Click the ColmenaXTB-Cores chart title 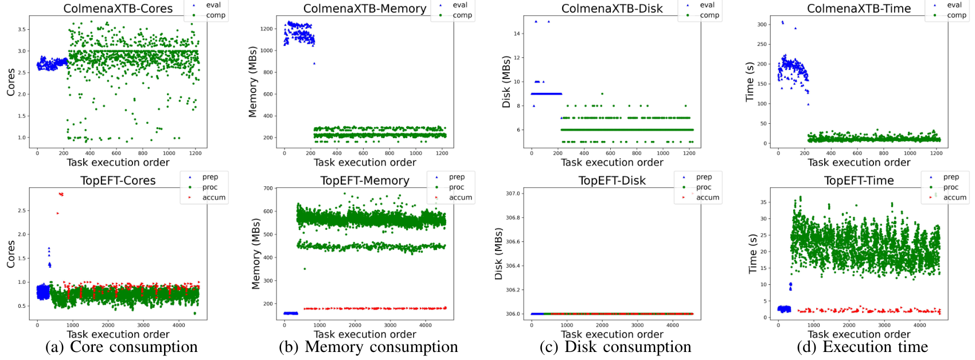click(x=118, y=9)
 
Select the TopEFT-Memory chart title click(x=365, y=181)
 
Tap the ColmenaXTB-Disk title click(x=612, y=9)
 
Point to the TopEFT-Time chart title click(x=859, y=181)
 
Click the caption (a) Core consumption click(x=122, y=347)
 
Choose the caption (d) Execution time click(x=863, y=347)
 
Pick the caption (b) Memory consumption click(x=369, y=347)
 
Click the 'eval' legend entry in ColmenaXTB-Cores click(x=213, y=5)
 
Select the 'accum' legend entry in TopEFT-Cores click(x=213, y=197)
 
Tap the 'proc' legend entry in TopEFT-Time click(x=950, y=187)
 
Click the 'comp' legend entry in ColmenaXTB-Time click(x=956, y=15)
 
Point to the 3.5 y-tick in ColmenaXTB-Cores click(x=21, y=29)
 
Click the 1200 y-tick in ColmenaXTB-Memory click(x=266, y=29)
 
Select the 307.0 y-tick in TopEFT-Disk click(x=513, y=194)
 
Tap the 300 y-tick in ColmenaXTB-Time click(x=762, y=25)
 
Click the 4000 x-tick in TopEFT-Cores click(x=178, y=325)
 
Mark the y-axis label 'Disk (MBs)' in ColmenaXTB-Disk click(x=506, y=81)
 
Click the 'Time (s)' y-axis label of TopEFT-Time click(x=752, y=253)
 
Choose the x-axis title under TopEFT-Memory click(x=365, y=334)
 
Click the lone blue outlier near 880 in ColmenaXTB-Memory click(x=314, y=64)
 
